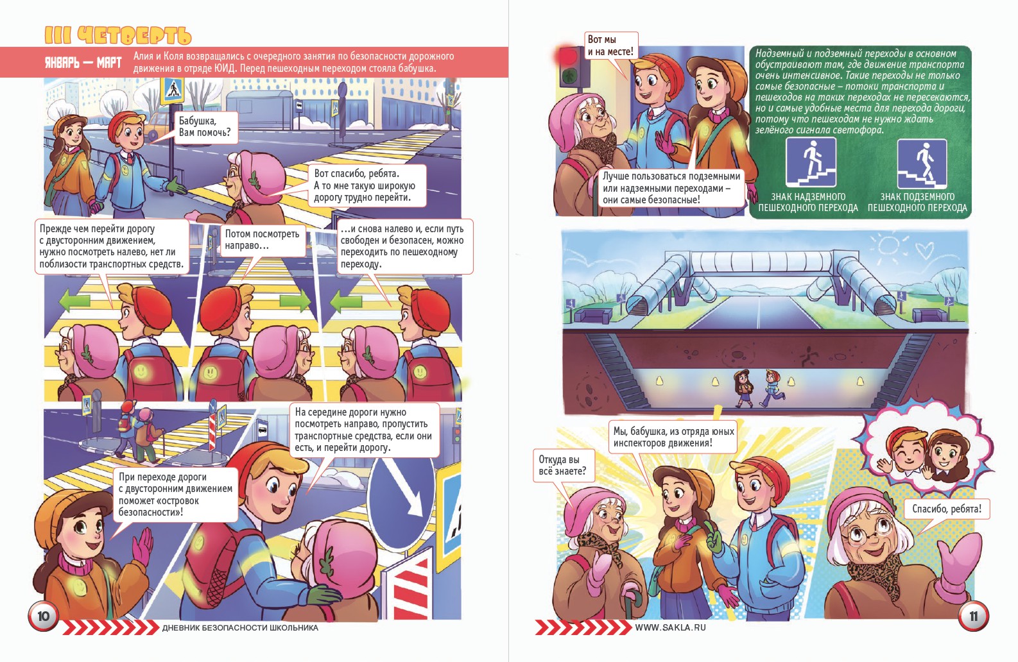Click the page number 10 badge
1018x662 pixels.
point(43,616)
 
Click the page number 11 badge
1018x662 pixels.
point(974,616)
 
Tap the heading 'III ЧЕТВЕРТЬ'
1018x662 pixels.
point(118,35)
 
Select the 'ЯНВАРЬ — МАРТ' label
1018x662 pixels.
point(83,62)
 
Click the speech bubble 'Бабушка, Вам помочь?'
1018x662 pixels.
point(206,127)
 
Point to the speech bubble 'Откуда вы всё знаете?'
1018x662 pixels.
point(563,466)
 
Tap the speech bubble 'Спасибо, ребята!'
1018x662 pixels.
point(947,509)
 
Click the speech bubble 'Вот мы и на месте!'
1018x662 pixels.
point(611,46)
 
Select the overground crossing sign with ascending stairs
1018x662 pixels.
point(811,162)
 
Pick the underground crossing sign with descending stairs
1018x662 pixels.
point(922,164)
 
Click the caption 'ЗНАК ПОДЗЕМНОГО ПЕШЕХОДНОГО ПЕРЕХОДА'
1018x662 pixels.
point(917,203)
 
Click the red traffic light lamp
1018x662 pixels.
point(567,56)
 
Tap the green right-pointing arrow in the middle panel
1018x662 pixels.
point(295,301)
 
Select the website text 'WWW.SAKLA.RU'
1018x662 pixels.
point(670,627)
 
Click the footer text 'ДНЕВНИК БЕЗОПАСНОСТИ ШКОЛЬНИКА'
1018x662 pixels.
point(240,628)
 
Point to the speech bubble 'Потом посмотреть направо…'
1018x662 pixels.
point(263,240)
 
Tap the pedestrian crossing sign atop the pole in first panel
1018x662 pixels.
point(173,90)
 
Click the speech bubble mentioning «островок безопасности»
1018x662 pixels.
point(176,495)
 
